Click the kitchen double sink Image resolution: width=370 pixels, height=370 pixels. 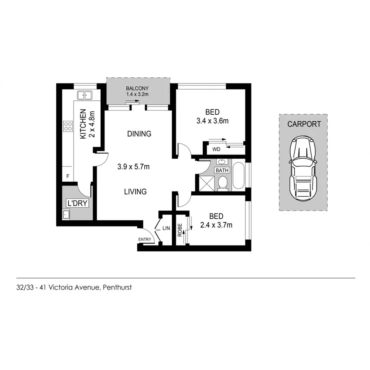coord(86,95)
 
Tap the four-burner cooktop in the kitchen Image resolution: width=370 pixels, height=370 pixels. coord(68,126)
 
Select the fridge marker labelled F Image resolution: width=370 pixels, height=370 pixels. coord(68,176)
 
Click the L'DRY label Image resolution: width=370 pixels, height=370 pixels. coord(78,203)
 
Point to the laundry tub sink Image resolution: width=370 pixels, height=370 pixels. coord(66,214)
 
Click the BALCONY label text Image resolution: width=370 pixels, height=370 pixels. coord(137,88)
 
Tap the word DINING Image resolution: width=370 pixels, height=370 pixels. coord(139,134)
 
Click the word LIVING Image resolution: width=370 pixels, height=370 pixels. coord(136,192)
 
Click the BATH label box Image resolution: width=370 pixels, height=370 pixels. coord(222,170)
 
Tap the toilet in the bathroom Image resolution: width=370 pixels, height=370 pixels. coord(222,183)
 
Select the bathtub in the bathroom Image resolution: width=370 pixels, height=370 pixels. coord(238,177)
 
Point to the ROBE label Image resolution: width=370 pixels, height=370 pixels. coord(180,229)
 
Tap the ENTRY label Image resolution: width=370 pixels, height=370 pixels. coord(145,239)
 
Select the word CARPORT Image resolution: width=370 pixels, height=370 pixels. coord(304,124)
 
